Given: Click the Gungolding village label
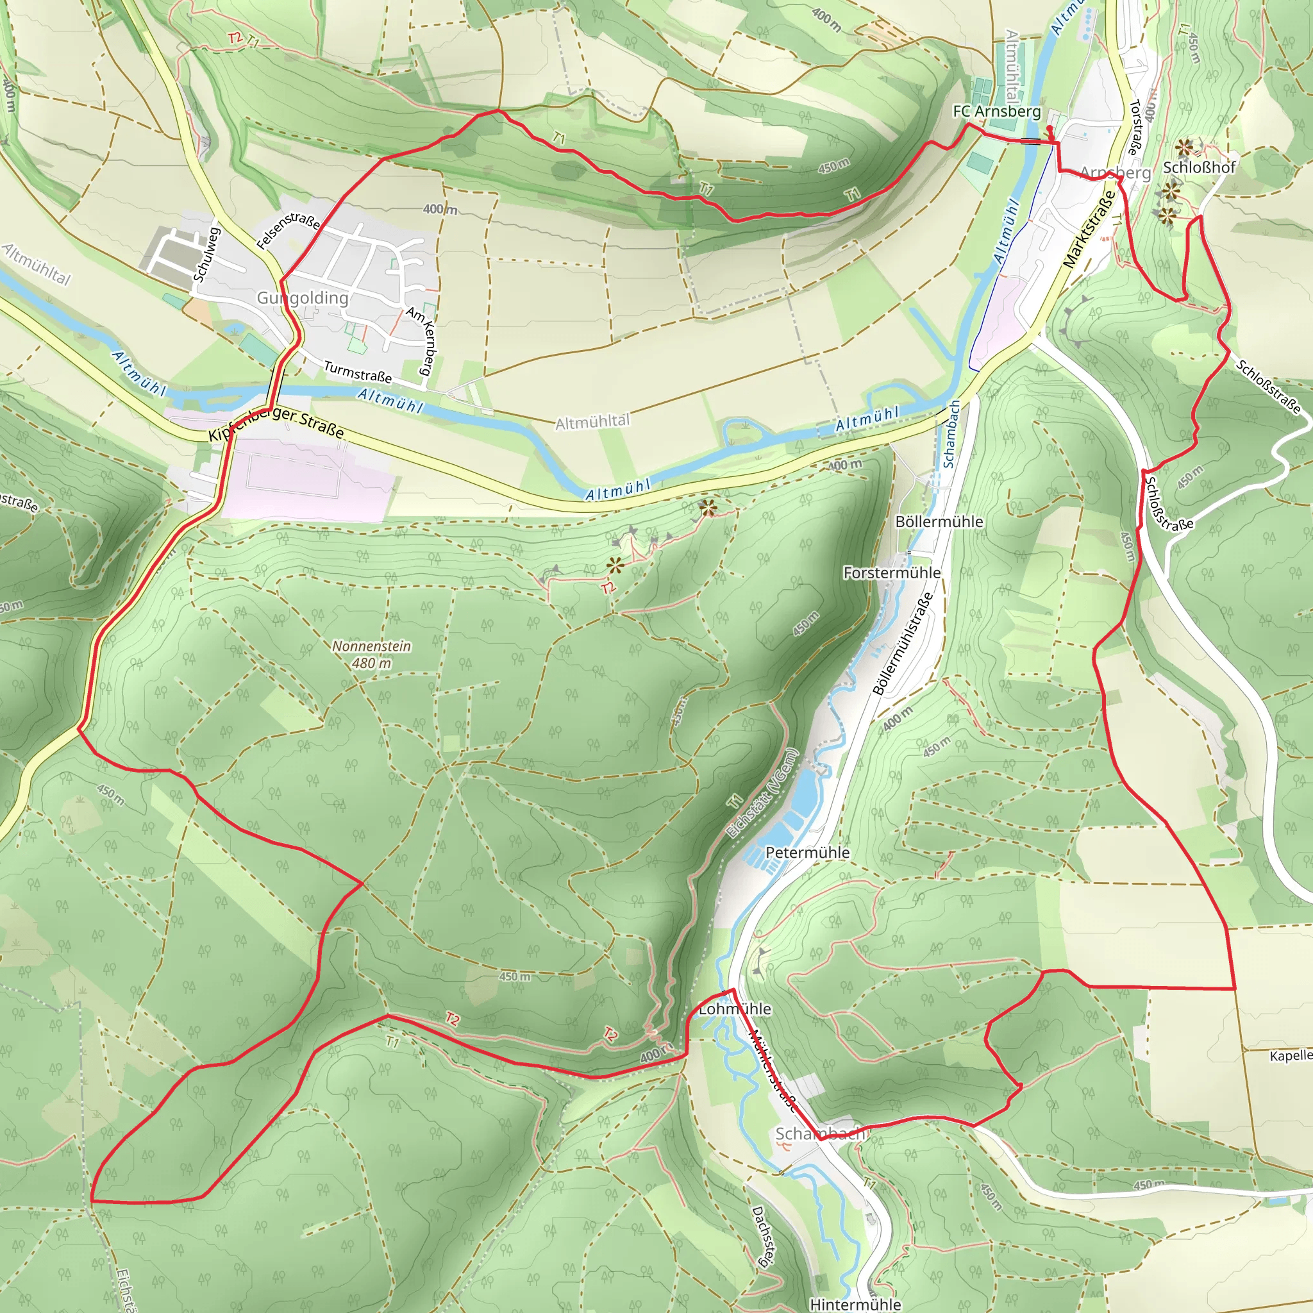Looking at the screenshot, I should (303, 297).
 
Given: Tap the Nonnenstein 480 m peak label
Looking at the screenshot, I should (372, 654).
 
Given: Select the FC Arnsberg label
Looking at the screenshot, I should (997, 111).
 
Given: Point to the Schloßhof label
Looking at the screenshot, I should (1200, 167).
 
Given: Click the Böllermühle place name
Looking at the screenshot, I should (939, 521).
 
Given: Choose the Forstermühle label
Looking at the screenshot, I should (892, 573).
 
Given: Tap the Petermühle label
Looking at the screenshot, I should (807, 852).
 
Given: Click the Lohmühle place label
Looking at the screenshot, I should (735, 1008).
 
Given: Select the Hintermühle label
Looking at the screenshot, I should (856, 1304).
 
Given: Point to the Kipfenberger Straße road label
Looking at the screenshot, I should (276, 422).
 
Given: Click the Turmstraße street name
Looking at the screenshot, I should (358, 371).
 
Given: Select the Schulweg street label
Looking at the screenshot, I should (206, 253).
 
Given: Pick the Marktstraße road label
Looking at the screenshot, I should (1089, 229).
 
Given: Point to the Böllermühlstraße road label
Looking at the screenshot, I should (903, 644).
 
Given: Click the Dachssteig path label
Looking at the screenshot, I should (762, 1237).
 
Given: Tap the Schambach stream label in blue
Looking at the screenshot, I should (951, 434).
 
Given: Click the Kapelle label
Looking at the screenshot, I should (1291, 1055).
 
